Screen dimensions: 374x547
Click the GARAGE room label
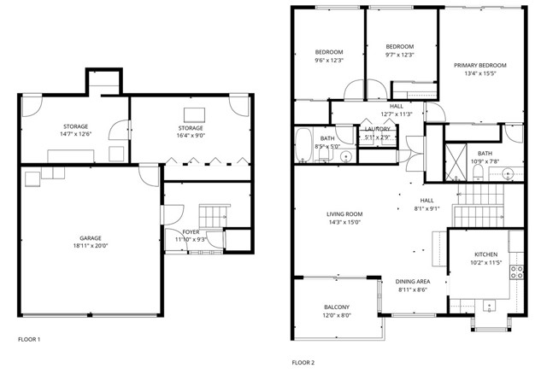click(x=91, y=238)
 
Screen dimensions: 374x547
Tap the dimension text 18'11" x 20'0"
click(x=91, y=247)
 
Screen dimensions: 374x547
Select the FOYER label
click(x=191, y=232)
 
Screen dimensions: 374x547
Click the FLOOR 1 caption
click(x=29, y=340)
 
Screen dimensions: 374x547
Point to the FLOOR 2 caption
click(x=303, y=363)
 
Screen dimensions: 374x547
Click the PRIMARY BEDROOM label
click(x=479, y=65)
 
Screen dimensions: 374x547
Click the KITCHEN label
click(x=485, y=254)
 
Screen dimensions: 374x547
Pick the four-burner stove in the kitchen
click(x=517, y=272)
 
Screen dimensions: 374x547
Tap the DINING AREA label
click(x=412, y=282)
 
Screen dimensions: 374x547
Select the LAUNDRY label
click(x=377, y=129)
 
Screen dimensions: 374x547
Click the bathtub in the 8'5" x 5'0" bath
click(x=305, y=144)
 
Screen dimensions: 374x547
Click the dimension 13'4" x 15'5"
click(x=479, y=73)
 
